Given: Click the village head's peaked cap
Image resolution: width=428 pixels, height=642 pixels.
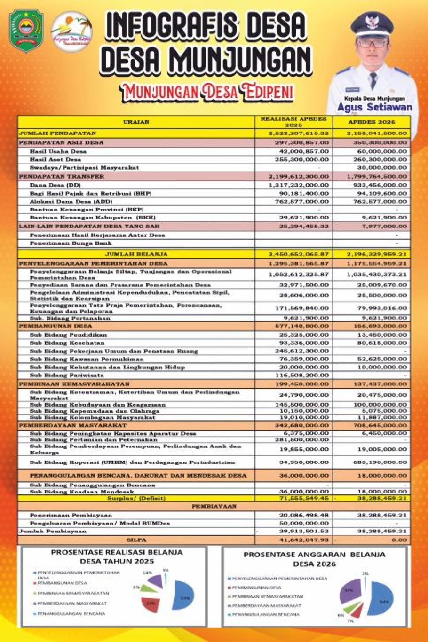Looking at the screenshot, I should point(372,24).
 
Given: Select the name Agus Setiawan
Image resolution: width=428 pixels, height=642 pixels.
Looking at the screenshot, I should point(374,107).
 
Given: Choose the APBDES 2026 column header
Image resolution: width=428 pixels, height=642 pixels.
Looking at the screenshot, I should point(372,122).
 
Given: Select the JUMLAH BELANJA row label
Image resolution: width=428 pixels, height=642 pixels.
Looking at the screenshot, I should point(136,254).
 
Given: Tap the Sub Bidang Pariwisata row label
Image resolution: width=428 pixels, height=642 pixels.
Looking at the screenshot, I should point(67,376).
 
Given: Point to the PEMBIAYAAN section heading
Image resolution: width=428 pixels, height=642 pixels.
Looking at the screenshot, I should point(214,507).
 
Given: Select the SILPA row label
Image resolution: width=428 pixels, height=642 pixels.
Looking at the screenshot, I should point(136,540).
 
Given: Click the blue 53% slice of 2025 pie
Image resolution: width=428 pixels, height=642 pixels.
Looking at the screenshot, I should point(183,597).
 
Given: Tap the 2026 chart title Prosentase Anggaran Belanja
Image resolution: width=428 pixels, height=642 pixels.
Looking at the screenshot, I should point(314,559).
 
